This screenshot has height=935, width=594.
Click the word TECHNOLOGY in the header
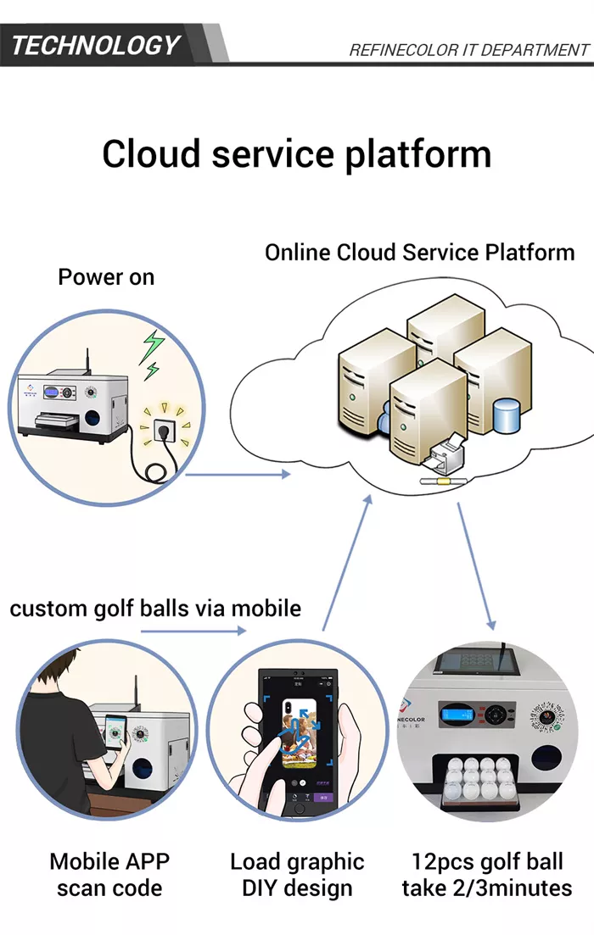[x=95, y=44]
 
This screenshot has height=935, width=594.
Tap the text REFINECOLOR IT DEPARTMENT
[x=468, y=50]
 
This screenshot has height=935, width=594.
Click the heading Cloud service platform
[x=296, y=154]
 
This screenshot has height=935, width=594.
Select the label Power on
[x=106, y=277]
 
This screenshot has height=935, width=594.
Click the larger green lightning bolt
[x=153, y=346]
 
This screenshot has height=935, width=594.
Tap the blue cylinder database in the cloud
[x=506, y=414]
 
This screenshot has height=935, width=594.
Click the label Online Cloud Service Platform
[x=419, y=252]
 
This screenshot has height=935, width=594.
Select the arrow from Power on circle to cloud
[x=238, y=474]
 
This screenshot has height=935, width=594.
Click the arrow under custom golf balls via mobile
[x=193, y=631]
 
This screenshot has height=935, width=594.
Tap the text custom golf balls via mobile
[x=155, y=608]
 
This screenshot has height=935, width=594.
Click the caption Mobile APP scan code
[x=109, y=875]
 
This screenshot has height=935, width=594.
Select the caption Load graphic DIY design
[x=297, y=875]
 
